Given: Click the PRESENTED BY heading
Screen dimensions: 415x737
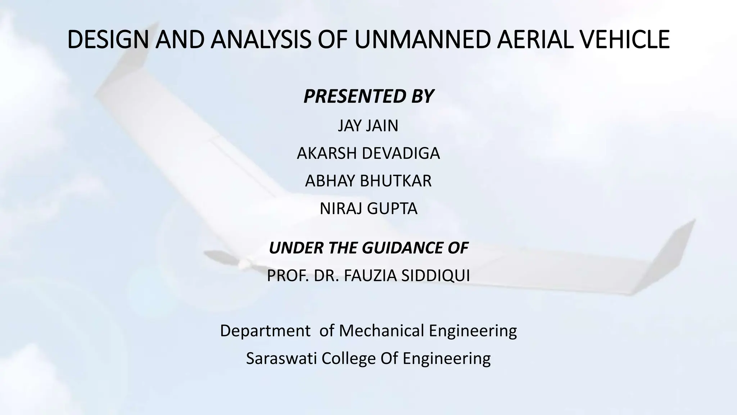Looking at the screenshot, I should point(368,96).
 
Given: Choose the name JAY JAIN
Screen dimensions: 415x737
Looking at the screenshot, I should point(368,126).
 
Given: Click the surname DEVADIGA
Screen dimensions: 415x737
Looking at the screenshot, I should point(401,153).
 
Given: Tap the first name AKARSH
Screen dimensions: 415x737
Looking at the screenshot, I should point(327,153).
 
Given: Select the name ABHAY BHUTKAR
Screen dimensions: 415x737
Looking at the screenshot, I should point(368,181).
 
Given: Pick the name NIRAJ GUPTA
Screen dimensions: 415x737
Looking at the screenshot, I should point(368,209).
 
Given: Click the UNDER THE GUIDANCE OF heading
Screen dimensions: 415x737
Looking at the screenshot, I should point(368,248).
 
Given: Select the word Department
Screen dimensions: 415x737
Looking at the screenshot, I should point(265,331).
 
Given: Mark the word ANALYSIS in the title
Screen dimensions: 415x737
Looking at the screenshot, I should point(261,40).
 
